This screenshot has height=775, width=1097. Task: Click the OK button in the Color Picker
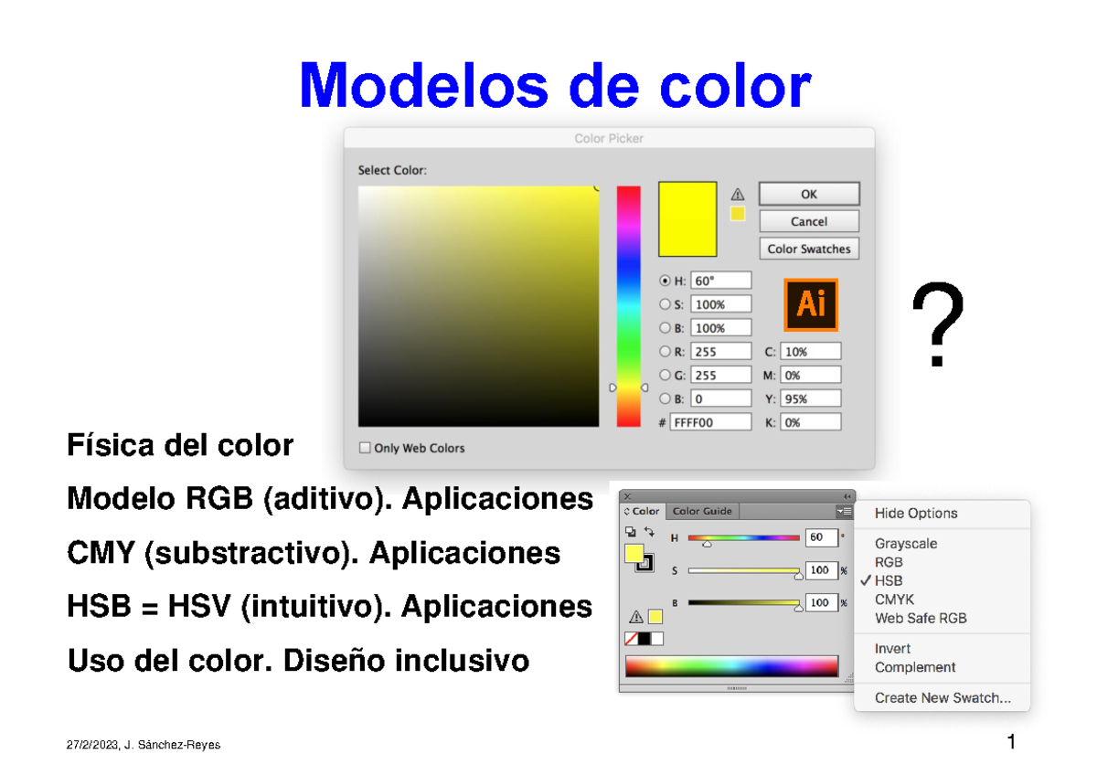tap(809, 194)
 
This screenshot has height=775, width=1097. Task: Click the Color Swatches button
tap(809, 249)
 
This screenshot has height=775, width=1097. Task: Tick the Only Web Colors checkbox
tap(365, 448)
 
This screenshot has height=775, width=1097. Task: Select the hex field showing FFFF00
tap(710, 422)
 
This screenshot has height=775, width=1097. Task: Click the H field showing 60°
tap(721, 281)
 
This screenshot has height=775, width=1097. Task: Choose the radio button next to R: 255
tap(665, 351)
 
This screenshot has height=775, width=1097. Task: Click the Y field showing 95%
tap(810, 398)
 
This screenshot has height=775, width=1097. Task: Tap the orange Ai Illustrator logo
tap(811, 304)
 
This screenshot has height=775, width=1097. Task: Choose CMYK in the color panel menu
tap(894, 600)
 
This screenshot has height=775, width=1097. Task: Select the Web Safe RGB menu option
tap(920, 618)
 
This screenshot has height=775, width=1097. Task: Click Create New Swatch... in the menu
tap(943, 697)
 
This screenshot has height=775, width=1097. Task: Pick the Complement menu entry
tap(914, 667)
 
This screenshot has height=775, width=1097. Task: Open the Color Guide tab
tap(702, 512)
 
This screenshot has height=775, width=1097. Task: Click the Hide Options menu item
tap(916, 513)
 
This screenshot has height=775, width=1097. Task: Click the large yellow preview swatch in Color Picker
tap(687, 218)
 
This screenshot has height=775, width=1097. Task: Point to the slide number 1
tap(1011, 741)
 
